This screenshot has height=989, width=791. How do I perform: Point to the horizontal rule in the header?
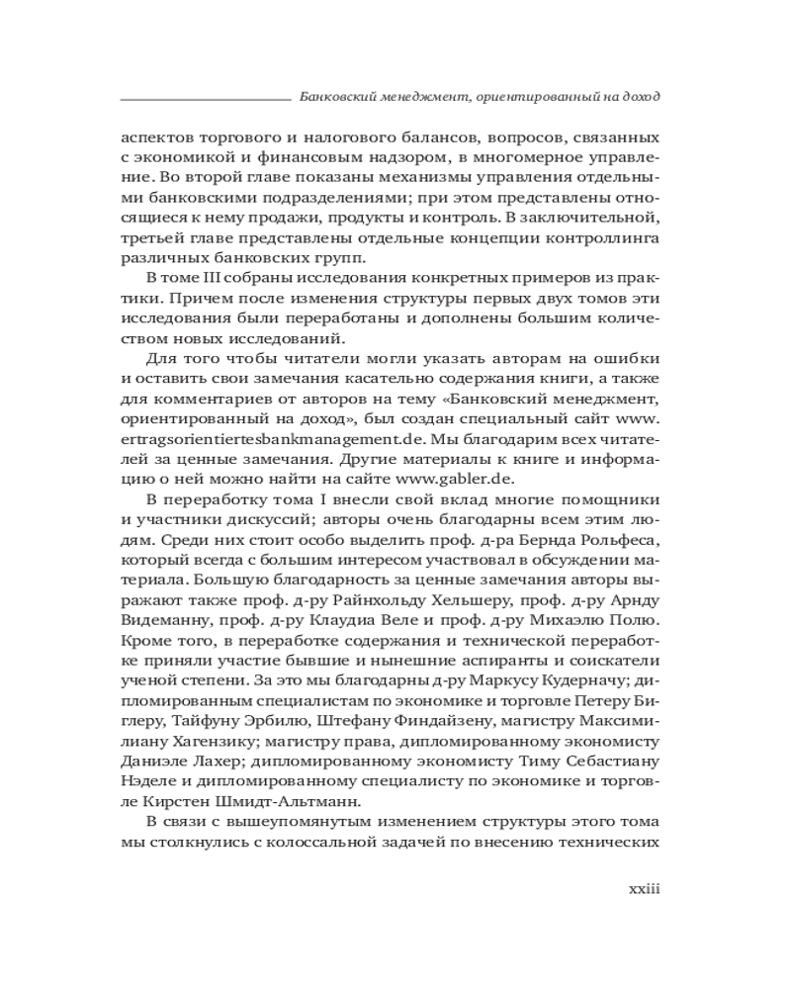click(203, 99)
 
